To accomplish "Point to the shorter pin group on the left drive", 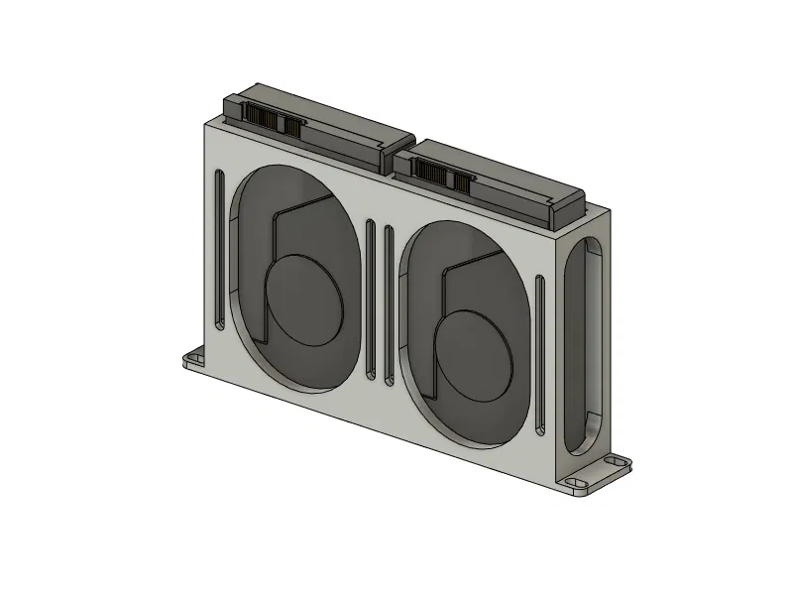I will (290, 126).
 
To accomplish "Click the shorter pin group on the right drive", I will (458, 179).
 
